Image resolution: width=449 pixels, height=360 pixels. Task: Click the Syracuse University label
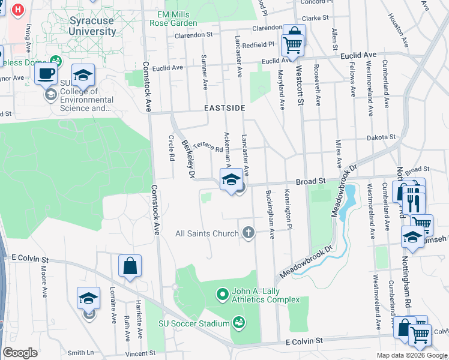pyautogui.click(x=92, y=26)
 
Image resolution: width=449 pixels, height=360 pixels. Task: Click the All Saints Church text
pyautogui.click(x=206, y=233)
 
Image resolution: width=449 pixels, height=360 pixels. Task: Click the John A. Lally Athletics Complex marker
pyautogui.click(x=222, y=294)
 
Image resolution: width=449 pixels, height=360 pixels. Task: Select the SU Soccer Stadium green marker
pyautogui.click(x=239, y=323)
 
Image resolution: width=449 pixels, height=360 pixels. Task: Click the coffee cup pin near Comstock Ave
pyautogui.click(x=46, y=74)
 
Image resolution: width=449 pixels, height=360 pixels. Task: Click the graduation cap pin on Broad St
pyautogui.click(x=231, y=179)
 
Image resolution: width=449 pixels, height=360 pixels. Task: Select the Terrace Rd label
pyautogui.click(x=208, y=146)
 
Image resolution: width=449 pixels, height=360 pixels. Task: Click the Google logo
pyautogui.click(x=20, y=352)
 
